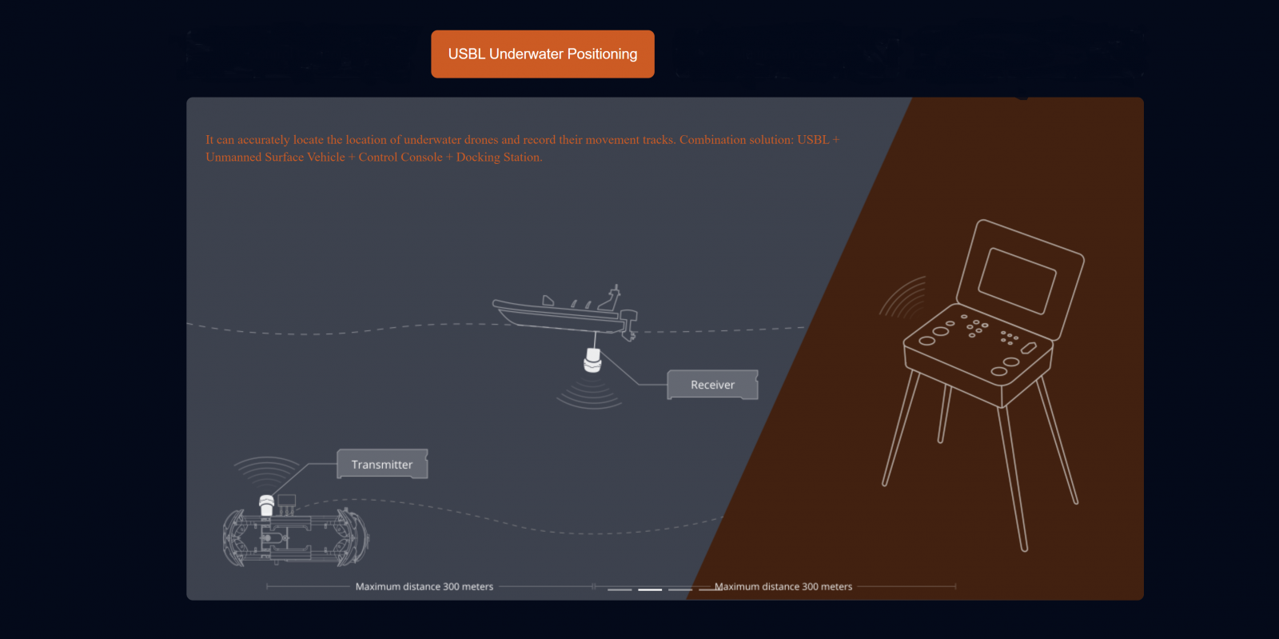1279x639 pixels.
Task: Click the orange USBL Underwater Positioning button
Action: click(x=543, y=54)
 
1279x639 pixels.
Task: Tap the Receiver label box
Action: click(x=712, y=385)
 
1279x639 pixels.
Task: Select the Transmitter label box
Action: click(x=382, y=465)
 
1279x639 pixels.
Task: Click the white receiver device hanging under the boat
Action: click(x=592, y=361)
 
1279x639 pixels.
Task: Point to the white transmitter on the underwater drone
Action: click(x=267, y=505)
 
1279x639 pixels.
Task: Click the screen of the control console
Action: click(x=1017, y=281)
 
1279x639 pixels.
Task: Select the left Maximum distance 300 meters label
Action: click(x=424, y=586)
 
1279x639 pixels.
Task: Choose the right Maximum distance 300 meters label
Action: click(x=783, y=586)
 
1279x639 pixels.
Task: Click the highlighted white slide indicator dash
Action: click(x=650, y=589)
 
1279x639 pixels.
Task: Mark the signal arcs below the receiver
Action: click(x=590, y=395)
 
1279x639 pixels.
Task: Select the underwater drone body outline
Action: click(x=296, y=537)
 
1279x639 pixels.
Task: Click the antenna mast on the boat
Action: click(x=615, y=295)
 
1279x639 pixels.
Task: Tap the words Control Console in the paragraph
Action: click(x=400, y=157)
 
